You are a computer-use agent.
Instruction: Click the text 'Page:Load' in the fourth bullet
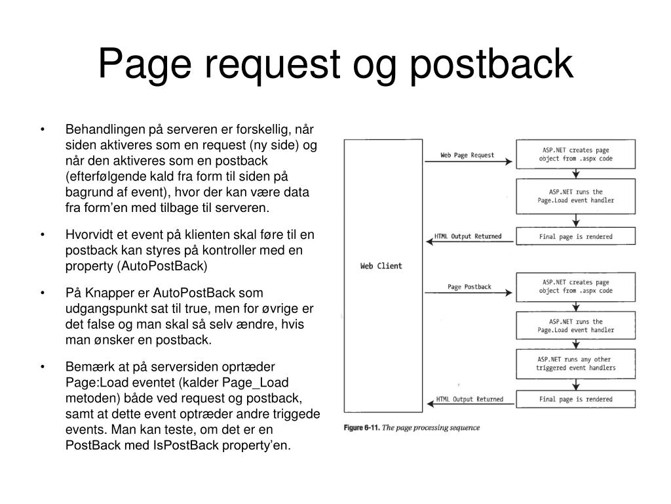[x=92, y=382]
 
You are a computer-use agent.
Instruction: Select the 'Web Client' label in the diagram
[x=381, y=266]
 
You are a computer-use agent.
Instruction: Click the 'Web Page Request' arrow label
[x=467, y=156]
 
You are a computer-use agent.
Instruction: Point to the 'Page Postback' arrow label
[x=469, y=287]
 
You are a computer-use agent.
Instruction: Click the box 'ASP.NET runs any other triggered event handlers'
[x=576, y=364]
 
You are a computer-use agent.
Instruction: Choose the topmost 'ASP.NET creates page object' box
[x=576, y=155]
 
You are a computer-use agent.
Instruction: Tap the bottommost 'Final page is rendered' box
[x=576, y=399]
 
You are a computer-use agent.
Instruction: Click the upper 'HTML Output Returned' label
[x=468, y=236]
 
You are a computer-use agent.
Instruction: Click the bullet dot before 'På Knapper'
[x=42, y=293]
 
